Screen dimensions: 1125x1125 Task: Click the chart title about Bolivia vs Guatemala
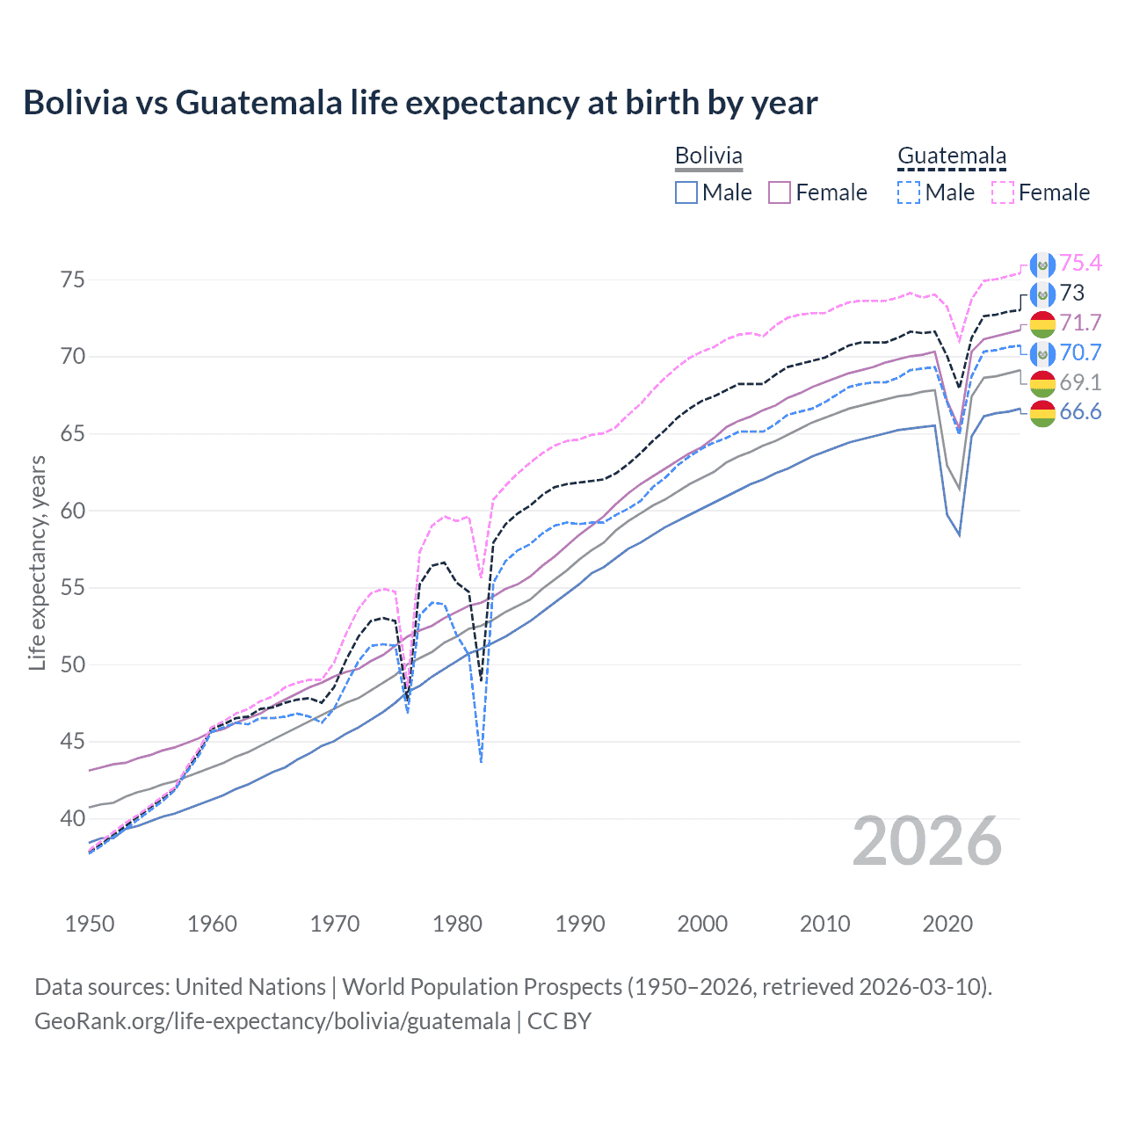(x=420, y=103)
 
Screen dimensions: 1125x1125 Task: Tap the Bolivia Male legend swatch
(x=686, y=192)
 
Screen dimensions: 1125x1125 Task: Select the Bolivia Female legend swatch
(x=780, y=192)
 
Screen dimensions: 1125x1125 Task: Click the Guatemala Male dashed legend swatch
(x=909, y=192)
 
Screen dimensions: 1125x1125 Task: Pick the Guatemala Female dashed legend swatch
(x=1003, y=192)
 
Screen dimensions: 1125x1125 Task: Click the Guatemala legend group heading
(x=951, y=156)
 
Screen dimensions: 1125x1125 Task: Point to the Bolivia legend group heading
(x=708, y=156)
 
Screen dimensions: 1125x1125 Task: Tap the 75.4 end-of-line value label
(x=1080, y=263)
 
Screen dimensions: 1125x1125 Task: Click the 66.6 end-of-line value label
(x=1080, y=412)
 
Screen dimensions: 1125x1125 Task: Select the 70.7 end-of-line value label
(x=1080, y=352)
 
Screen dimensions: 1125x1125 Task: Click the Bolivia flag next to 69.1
(x=1042, y=383)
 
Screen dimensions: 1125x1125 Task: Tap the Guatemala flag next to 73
(x=1042, y=294)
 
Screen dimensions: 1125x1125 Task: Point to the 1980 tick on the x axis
(x=457, y=924)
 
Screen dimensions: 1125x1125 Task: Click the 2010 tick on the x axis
(x=824, y=924)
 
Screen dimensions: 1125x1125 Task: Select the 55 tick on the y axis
(x=72, y=587)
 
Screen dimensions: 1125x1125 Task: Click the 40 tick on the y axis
(x=72, y=818)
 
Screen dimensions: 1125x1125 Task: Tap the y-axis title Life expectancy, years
(x=37, y=562)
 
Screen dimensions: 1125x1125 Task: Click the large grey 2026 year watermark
(x=926, y=842)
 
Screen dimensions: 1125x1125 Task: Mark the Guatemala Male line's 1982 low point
(x=481, y=761)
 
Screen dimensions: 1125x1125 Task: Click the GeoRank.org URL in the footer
(x=272, y=1021)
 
